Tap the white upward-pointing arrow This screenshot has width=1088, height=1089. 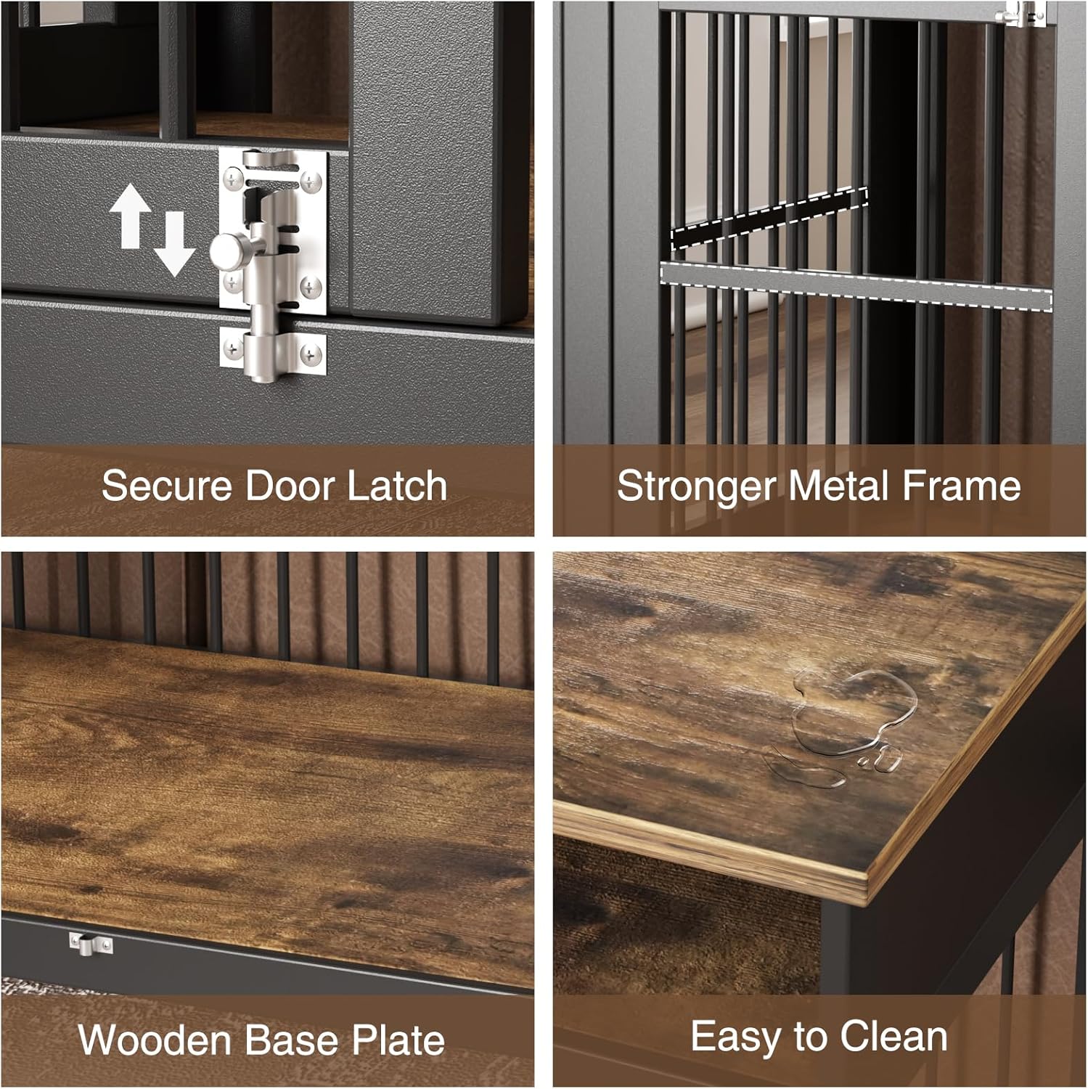[130, 215]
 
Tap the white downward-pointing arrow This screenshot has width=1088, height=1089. [175, 244]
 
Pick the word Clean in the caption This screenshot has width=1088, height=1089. [893, 1036]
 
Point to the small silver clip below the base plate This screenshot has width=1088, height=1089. [91, 945]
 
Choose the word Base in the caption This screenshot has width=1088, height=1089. [292, 1040]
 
